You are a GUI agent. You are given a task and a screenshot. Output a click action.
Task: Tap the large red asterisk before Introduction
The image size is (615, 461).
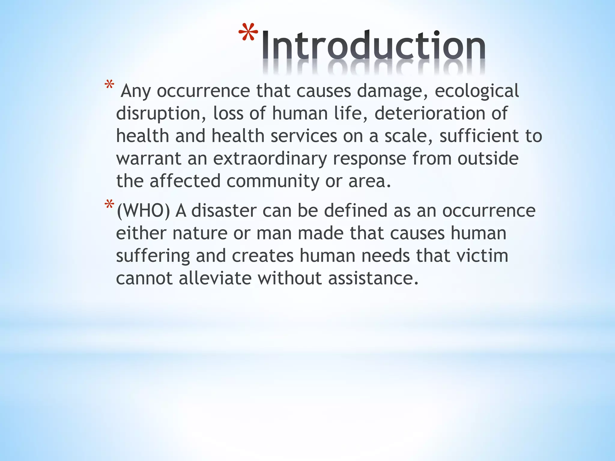click(x=248, y=32)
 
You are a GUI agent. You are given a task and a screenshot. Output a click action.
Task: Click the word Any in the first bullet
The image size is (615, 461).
click(x=135, y=91)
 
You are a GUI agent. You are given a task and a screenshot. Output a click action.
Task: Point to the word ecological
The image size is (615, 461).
click(x=477, y=91)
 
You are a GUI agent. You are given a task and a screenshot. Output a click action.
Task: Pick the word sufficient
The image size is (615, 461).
click(x=479, y=136)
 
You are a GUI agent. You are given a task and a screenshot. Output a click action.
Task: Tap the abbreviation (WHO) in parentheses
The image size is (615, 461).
click(x=143, y=211)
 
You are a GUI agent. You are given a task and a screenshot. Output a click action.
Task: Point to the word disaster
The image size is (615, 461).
click(x=223, y=211)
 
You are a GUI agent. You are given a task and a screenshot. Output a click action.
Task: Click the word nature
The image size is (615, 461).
click(x=200, y=233)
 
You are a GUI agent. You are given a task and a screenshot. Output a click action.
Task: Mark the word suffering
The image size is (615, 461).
click(x=153, y=256)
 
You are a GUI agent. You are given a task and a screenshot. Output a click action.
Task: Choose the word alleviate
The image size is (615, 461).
click(x=215, y=278)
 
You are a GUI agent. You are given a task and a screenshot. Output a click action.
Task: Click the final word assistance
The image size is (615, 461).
click(x=373, y=278)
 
